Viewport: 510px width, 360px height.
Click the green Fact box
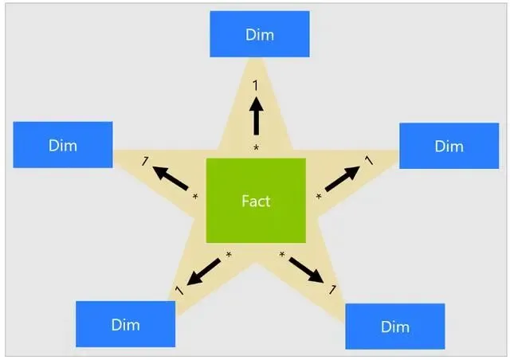point(256,200)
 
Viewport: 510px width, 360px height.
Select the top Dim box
point(259,34)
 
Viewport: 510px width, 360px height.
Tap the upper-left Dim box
point(62,145)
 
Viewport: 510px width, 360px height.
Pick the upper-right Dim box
point(449,146)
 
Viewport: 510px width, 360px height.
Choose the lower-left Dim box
point(125,324)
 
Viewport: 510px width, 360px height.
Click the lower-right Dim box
point(394,326)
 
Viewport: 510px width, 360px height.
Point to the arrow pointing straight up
point(257,117)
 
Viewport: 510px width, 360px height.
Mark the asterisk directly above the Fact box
point(257,148)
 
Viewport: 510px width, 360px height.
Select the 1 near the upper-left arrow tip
point(145,162)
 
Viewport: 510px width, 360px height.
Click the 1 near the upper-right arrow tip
point(367,161)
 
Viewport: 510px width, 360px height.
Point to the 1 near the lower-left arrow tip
point(178,292)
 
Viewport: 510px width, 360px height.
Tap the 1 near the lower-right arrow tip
point(332,290)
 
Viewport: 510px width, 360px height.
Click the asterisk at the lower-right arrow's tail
point(282,254)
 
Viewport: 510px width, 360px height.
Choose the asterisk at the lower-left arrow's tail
point(229,255)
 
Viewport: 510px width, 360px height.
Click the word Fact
point(256,201)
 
